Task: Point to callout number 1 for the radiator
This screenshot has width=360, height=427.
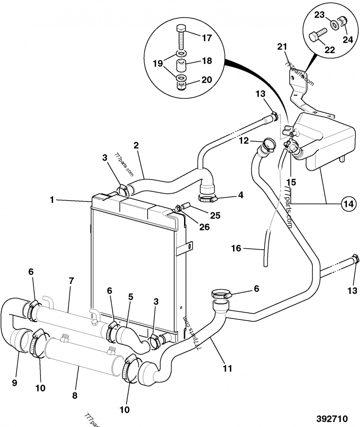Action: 52,200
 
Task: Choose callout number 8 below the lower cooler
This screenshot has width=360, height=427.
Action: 75,396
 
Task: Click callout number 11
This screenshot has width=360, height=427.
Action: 228,369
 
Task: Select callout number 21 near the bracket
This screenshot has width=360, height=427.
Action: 282,46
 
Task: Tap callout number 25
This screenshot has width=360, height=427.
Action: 215,216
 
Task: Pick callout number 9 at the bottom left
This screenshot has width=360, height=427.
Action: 14,383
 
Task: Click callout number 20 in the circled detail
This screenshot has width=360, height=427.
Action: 207,80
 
